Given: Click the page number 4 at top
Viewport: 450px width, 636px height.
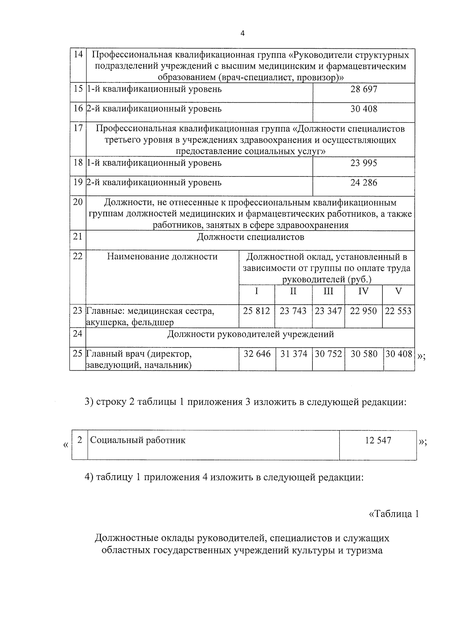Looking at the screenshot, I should click(242, 34).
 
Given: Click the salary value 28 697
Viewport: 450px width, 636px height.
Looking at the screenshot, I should click(364, 89).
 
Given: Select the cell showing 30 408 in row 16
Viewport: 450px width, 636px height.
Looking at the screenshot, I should click(364, 109).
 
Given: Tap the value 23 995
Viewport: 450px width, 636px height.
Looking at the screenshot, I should click(364, 163).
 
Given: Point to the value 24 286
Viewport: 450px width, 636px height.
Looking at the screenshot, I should click(364, 183).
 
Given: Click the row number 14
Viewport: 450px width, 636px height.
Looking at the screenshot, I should click(78, 54).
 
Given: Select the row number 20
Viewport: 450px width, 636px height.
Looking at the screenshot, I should click(78, 202).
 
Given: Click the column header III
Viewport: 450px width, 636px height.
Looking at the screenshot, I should click(328, 291).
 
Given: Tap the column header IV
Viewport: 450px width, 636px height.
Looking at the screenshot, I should click(363, 291).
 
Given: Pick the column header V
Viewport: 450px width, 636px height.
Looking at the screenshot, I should click(398, 291).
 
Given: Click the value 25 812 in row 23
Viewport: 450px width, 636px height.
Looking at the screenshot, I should click(256, 311).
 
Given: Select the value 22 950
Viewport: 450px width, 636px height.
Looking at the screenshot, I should click(363, 311).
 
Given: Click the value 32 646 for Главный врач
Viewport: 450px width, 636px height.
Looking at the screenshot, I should click(257, 354).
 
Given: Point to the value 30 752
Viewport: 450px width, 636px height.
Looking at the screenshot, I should click(328, 354).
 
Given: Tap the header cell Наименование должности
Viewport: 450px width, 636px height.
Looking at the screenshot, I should click(162, 257).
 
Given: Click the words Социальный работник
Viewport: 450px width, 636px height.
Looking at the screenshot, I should click(138, 440).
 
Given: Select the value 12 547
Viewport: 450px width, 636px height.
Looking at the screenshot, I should click(378, 440).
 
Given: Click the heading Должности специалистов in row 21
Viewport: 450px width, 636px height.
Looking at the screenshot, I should click(250, 237).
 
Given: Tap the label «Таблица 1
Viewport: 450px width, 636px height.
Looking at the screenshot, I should click(393, 514).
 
